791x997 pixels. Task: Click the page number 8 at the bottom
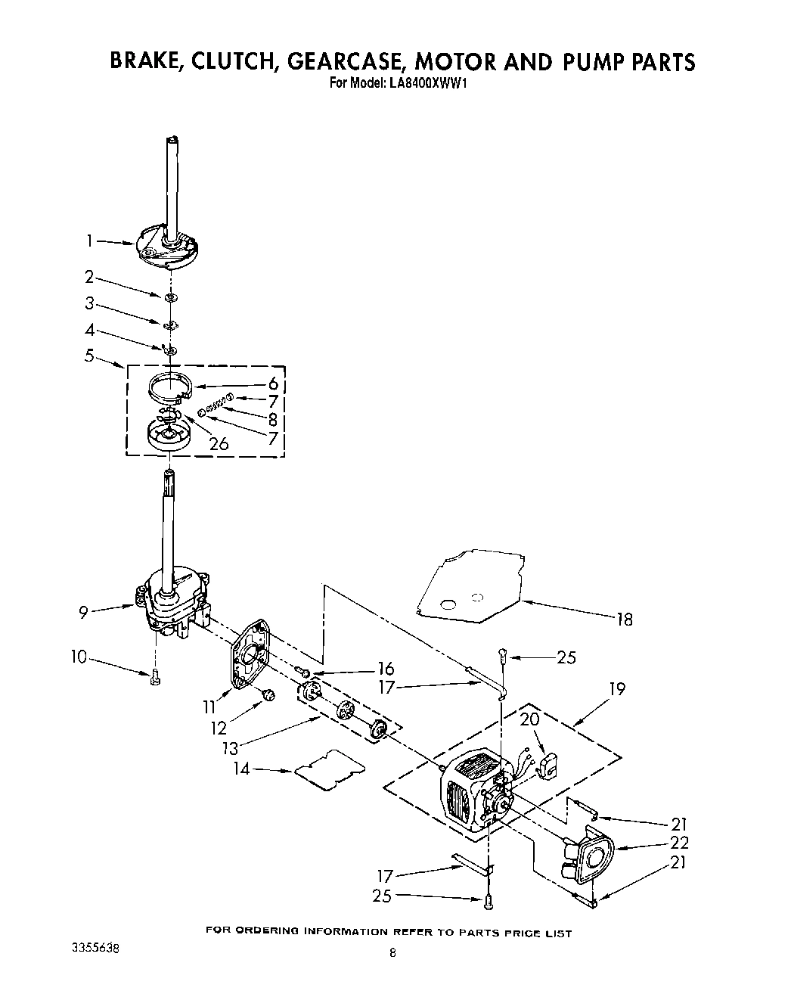pos(392,954)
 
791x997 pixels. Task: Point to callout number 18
pos(624,620)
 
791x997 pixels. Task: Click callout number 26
pos(219,444)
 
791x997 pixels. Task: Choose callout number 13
pos(230,748)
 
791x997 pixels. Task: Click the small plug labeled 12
pos(267,695)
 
